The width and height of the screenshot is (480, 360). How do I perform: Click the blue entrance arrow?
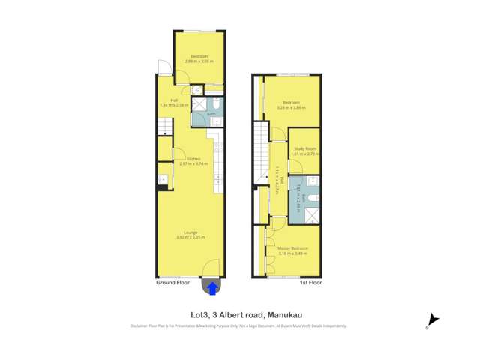(212, 286)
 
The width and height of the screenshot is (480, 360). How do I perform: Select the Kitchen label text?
(193, 159)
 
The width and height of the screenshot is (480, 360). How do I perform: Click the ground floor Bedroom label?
(199, 57)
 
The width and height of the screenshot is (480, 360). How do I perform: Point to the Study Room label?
(305, 149)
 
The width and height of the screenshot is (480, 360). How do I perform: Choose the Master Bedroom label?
(293, 247)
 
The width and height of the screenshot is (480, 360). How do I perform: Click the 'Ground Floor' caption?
(172, 283)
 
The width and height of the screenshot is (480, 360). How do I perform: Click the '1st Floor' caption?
(310, 283)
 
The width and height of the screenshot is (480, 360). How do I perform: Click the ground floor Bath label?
(211, 114)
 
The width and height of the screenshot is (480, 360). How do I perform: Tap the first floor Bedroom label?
(291, 102)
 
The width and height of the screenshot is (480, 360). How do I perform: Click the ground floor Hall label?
(174, 100)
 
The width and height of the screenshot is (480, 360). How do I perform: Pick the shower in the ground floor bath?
(198, 103)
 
